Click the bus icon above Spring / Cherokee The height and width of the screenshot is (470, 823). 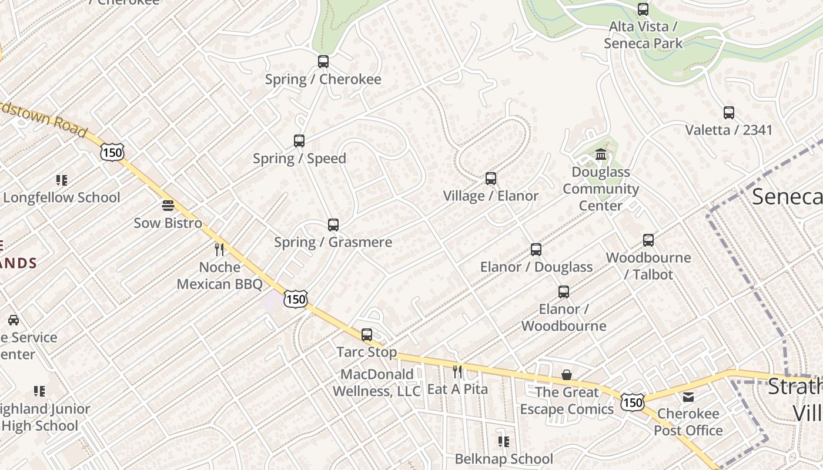[x=323, y=62]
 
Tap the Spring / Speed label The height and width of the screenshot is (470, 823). [x=299, y=159]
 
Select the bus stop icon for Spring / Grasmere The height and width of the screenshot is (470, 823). [x=333, y=225]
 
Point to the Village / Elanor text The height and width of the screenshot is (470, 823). [x=490, y=196]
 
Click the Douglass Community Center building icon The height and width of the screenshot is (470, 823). [x=601, y=155]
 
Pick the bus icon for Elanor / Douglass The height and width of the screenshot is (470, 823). [x=536, y=250]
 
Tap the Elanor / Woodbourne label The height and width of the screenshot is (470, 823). [x=563, y=317]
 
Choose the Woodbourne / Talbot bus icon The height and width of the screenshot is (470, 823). [x=648, y=240]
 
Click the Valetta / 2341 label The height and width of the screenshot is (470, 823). [x=728, y=130]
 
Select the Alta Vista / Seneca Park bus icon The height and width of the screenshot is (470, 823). [x=643, y=9]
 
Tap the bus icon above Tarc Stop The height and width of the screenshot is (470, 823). [x=367, y=335]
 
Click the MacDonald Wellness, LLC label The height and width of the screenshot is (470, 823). [x=376, y=382]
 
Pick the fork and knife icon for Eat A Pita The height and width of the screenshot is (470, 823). [x=457, y=371]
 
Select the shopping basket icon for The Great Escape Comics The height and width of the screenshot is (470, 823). [x=567, y=375]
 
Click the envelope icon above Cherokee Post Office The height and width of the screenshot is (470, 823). [x=688, y=397]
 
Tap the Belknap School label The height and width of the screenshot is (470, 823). [x=504, y=459]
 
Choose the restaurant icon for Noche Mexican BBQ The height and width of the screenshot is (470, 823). [x=219, y=250]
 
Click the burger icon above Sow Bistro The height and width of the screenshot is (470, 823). [x=168, y=206]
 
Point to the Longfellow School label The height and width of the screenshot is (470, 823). [x=62, y=197]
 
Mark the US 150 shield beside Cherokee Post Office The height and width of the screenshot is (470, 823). [x=633, y=402]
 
